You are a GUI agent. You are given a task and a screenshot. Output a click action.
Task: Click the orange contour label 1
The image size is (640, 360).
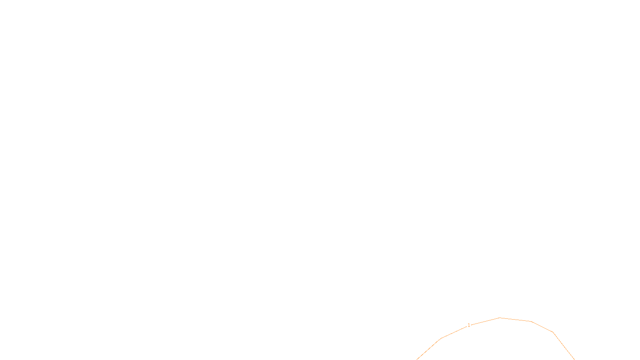click(x=469, y=325)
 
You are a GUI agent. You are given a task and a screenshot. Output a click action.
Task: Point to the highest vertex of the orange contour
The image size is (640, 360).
click(x=500, y=318)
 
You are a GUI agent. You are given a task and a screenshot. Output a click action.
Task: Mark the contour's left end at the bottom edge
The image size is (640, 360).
click(x=417, y=359)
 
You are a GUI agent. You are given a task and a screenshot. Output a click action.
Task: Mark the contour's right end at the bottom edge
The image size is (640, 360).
click(x=574, y=359)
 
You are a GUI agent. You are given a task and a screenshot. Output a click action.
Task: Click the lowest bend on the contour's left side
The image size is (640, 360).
click(x=442, y=338)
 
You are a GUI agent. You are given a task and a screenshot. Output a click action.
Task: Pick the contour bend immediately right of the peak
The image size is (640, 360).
click(x=530, y=321)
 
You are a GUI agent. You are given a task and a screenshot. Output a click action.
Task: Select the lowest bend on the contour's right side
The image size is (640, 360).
click(x=553, y=332)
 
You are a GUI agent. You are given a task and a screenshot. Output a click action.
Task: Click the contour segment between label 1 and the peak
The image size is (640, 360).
click(x=485, y=321)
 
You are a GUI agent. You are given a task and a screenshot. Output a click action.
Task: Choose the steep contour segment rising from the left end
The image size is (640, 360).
click(x=429, y=349)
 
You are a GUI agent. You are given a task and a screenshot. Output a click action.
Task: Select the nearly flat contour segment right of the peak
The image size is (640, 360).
click(x=515, y=320)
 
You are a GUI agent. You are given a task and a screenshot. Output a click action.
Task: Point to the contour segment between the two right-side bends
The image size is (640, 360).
click(x=542, y=326)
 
